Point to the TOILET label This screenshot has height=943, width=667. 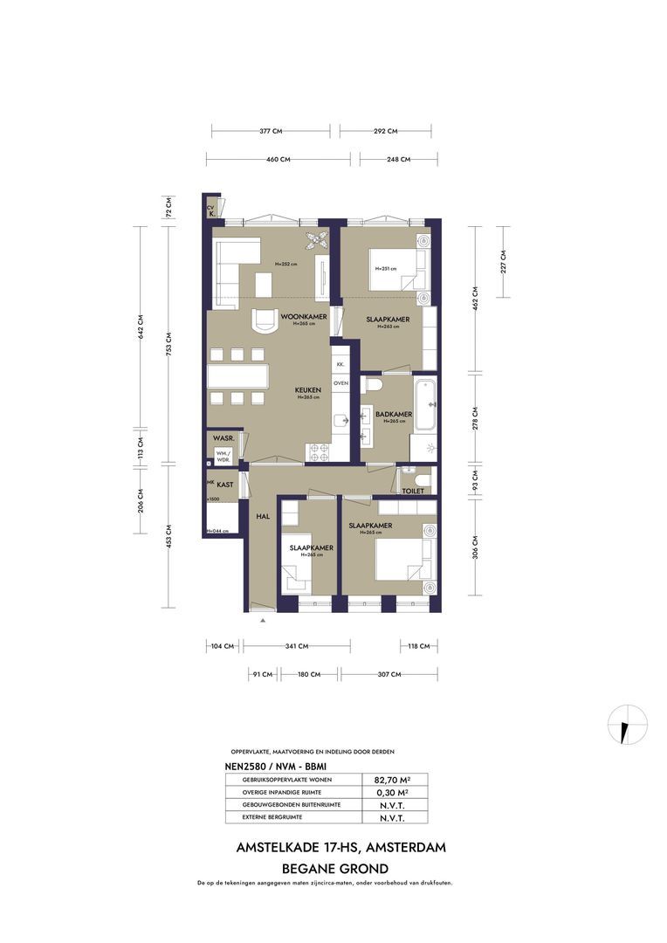(x=413, y=492)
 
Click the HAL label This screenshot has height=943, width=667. (x=263, y=517)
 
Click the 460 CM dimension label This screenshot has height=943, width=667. (x=278, y=160)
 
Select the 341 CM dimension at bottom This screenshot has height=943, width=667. (x=297, y=647)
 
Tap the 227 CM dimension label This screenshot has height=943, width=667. (x=504, y=261)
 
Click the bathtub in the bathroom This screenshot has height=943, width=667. (x=425, y=404)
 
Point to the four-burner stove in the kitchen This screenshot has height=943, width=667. (x=318, y=452)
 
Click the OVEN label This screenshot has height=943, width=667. (x=340, y=382)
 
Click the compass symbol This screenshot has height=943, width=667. (x=628, y=724)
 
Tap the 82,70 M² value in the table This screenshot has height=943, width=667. (x=392, y=779)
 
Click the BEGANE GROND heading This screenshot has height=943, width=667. (x=334, y=869)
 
